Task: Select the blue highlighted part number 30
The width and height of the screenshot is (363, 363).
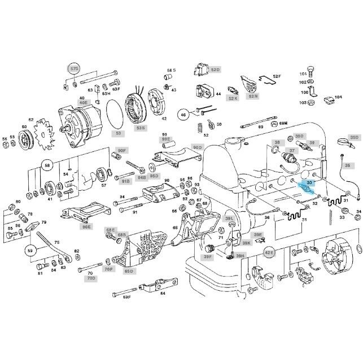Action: point(309,183)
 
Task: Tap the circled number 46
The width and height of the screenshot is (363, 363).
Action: point(182,115)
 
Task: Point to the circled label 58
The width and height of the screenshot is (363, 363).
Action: point(47,167)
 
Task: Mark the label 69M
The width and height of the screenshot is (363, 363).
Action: point(283,122)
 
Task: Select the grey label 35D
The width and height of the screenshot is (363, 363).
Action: point(354,137)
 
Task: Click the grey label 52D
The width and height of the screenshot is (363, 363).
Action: point(215,69)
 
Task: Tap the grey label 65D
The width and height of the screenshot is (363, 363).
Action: point(129,272)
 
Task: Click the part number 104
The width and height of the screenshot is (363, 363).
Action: point(338,97)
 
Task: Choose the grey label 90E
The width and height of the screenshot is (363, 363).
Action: point(86,226)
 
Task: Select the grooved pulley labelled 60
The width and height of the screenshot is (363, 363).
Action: point(25,138)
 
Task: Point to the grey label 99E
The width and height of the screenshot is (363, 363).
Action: point(165,139)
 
